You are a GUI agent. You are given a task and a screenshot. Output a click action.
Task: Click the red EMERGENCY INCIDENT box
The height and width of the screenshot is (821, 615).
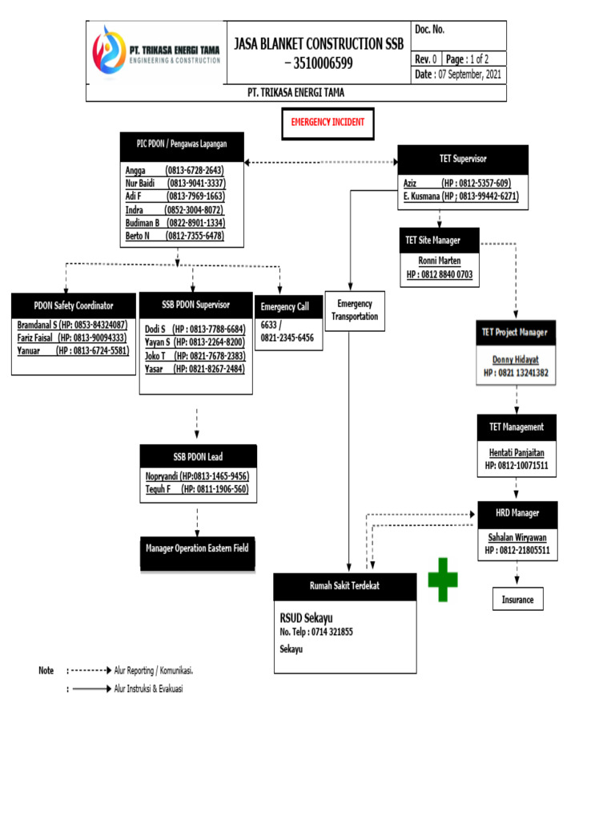327,122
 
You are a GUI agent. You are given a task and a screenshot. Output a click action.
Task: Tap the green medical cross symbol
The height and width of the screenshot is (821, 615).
443,580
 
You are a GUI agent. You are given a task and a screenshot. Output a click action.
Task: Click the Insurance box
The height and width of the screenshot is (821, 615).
517,600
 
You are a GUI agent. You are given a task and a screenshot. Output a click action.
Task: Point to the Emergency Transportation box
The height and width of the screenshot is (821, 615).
355,310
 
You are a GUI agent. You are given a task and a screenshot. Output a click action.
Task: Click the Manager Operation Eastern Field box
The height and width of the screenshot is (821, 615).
197,548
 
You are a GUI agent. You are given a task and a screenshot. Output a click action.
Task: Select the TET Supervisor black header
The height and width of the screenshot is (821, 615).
463,159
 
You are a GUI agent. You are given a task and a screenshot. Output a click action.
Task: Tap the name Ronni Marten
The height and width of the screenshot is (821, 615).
440,261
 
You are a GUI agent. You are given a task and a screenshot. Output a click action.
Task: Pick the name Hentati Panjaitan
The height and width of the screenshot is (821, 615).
518,452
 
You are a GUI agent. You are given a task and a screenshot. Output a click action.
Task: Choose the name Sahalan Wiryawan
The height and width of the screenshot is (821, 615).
517,538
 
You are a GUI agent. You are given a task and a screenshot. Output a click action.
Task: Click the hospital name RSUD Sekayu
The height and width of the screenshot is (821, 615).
306,617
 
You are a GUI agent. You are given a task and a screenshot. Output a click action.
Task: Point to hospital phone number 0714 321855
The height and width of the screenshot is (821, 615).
316,632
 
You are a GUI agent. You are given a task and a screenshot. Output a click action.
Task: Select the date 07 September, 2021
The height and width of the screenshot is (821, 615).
460,75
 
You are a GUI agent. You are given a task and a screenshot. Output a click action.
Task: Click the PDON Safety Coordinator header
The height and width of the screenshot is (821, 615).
74,305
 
